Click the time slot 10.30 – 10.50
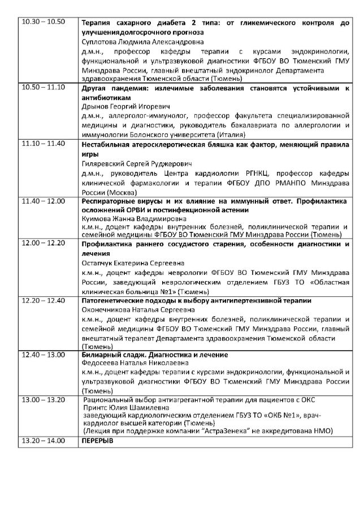click(43, 22)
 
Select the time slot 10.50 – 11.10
click(43, 87)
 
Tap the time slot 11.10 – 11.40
click(43, 143)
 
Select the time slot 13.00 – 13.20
click(43, 399)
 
